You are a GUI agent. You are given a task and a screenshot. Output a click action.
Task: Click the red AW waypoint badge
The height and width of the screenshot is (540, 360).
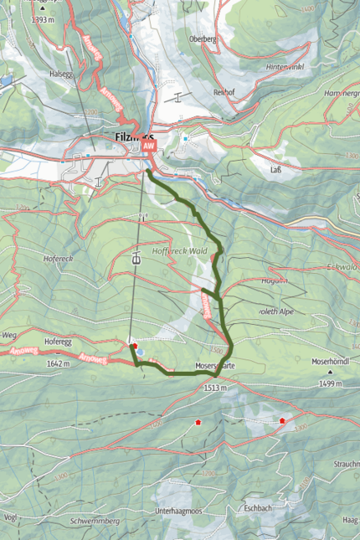149,146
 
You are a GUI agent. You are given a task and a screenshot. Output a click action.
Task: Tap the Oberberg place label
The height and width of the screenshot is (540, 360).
203,39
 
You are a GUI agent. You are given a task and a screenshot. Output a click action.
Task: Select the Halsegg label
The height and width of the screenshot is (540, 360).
62,73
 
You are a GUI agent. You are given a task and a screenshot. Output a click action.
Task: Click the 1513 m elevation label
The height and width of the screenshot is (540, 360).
215,388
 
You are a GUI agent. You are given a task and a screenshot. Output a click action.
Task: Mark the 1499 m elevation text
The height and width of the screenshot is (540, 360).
330,383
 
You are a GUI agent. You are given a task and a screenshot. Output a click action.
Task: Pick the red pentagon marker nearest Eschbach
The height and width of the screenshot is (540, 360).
283,421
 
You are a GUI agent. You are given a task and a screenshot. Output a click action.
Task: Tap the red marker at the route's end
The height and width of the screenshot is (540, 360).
134,344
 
